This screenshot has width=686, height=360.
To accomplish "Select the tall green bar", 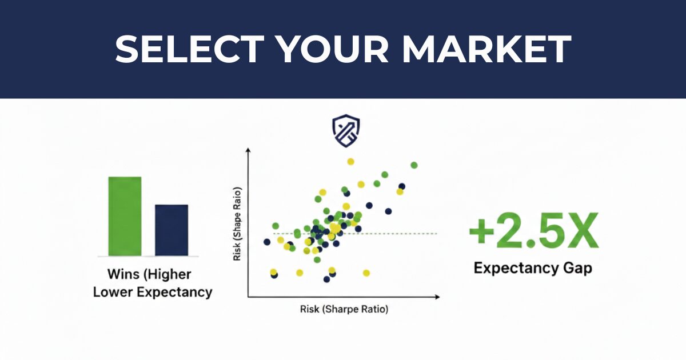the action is [125, 216].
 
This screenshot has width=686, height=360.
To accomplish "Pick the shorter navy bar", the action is [171, 230].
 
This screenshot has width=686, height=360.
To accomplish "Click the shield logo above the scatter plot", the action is [346, 131].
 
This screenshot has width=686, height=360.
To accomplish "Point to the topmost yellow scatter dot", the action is [350, 162].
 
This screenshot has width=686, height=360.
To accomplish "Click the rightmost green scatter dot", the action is [414, 165].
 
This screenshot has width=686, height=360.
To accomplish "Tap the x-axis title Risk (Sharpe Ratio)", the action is [344, 309].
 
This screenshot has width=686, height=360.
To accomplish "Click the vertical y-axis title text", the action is [237, 224].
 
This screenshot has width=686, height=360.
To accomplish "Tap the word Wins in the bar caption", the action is [123, 274].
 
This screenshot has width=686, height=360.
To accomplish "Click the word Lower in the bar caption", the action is [113, 292].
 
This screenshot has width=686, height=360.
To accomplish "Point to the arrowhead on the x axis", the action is [437, 297].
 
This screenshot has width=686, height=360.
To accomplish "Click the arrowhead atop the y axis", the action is [248, 150].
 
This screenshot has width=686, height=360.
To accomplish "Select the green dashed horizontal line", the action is [355, 234].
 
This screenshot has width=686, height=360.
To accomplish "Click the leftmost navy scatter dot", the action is [267, 242].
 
